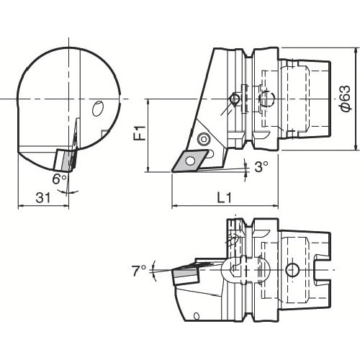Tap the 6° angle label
click(59, 178)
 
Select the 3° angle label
click(261, 166)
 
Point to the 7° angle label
click(139, 270)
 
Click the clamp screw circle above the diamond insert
click(204, 138)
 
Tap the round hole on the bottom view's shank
click(291, 270)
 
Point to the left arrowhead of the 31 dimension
click(19, 206)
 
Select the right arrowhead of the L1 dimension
click(276, 206)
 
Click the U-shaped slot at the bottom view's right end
click(323, 270)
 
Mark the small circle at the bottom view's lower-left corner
click(197, 316)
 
